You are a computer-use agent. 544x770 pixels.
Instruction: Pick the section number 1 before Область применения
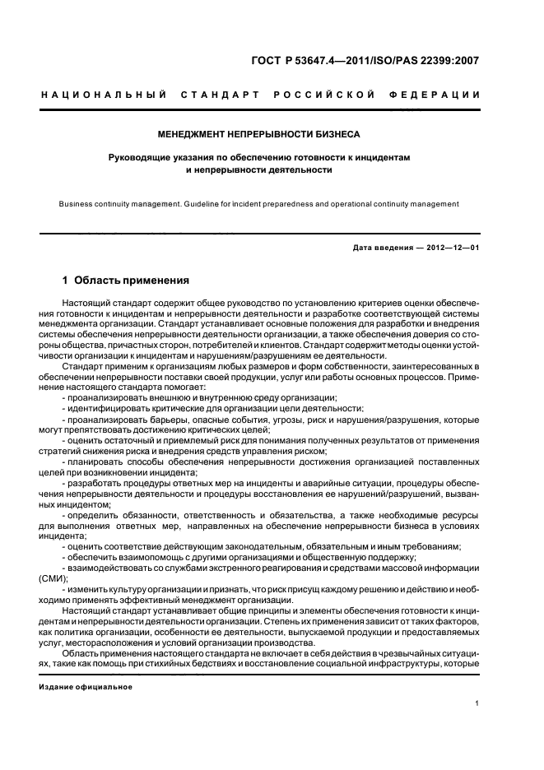pyautogui.click(x=65, y=280)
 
